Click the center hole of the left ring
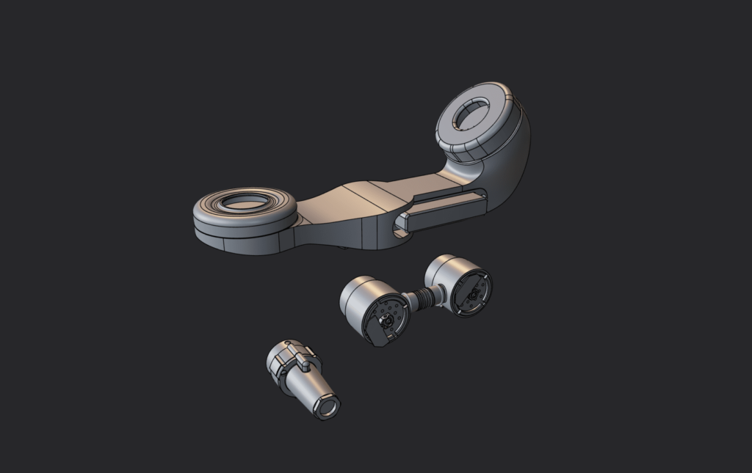tap(245, 202)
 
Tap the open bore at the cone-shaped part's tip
tap(328, 406)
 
